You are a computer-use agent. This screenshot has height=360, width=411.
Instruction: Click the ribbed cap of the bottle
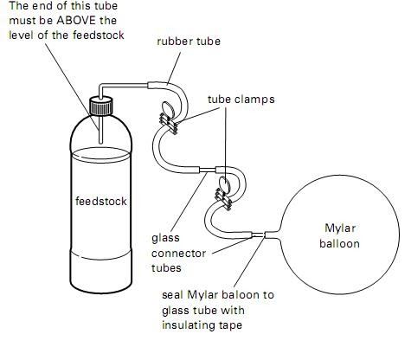(100, 106)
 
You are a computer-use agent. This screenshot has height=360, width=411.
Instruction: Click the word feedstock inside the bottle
(101, 201)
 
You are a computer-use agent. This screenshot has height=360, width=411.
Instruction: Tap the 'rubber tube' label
(189, 42)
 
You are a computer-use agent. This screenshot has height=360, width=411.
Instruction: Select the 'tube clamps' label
(241, 100)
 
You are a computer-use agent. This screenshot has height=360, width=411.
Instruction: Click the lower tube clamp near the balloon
(224, 192)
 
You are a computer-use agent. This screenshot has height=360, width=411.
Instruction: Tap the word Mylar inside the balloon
(340, 228)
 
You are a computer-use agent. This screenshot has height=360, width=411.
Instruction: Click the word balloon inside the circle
(339, 244)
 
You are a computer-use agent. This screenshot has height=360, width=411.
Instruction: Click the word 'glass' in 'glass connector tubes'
(165, 238)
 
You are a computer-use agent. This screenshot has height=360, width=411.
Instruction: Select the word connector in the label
(178, 254)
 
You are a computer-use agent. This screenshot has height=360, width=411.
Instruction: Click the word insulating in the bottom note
(188, 325)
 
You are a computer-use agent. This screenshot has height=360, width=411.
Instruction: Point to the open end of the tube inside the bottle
(100, 142)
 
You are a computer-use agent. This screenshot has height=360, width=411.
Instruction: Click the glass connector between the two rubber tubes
(208, 170)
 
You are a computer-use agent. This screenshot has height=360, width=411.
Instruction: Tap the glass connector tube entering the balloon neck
(259, 235)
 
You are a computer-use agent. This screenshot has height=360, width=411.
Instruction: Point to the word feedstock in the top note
(99, 35)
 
